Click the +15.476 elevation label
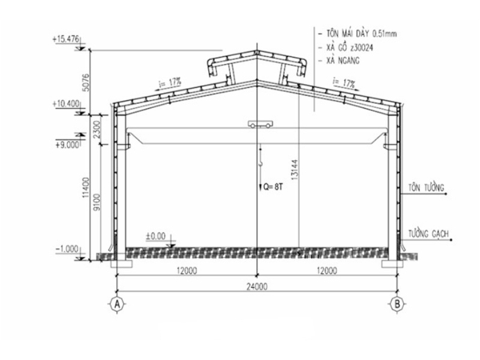[65, 40]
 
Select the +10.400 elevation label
[65, 104]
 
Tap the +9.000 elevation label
[67, 145]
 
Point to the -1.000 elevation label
[67, 249]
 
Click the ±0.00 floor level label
[155, 236]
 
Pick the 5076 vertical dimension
[86, 82]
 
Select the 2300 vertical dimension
[97, 130]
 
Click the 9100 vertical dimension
[97, 202]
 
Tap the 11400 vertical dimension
[86, 187]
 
